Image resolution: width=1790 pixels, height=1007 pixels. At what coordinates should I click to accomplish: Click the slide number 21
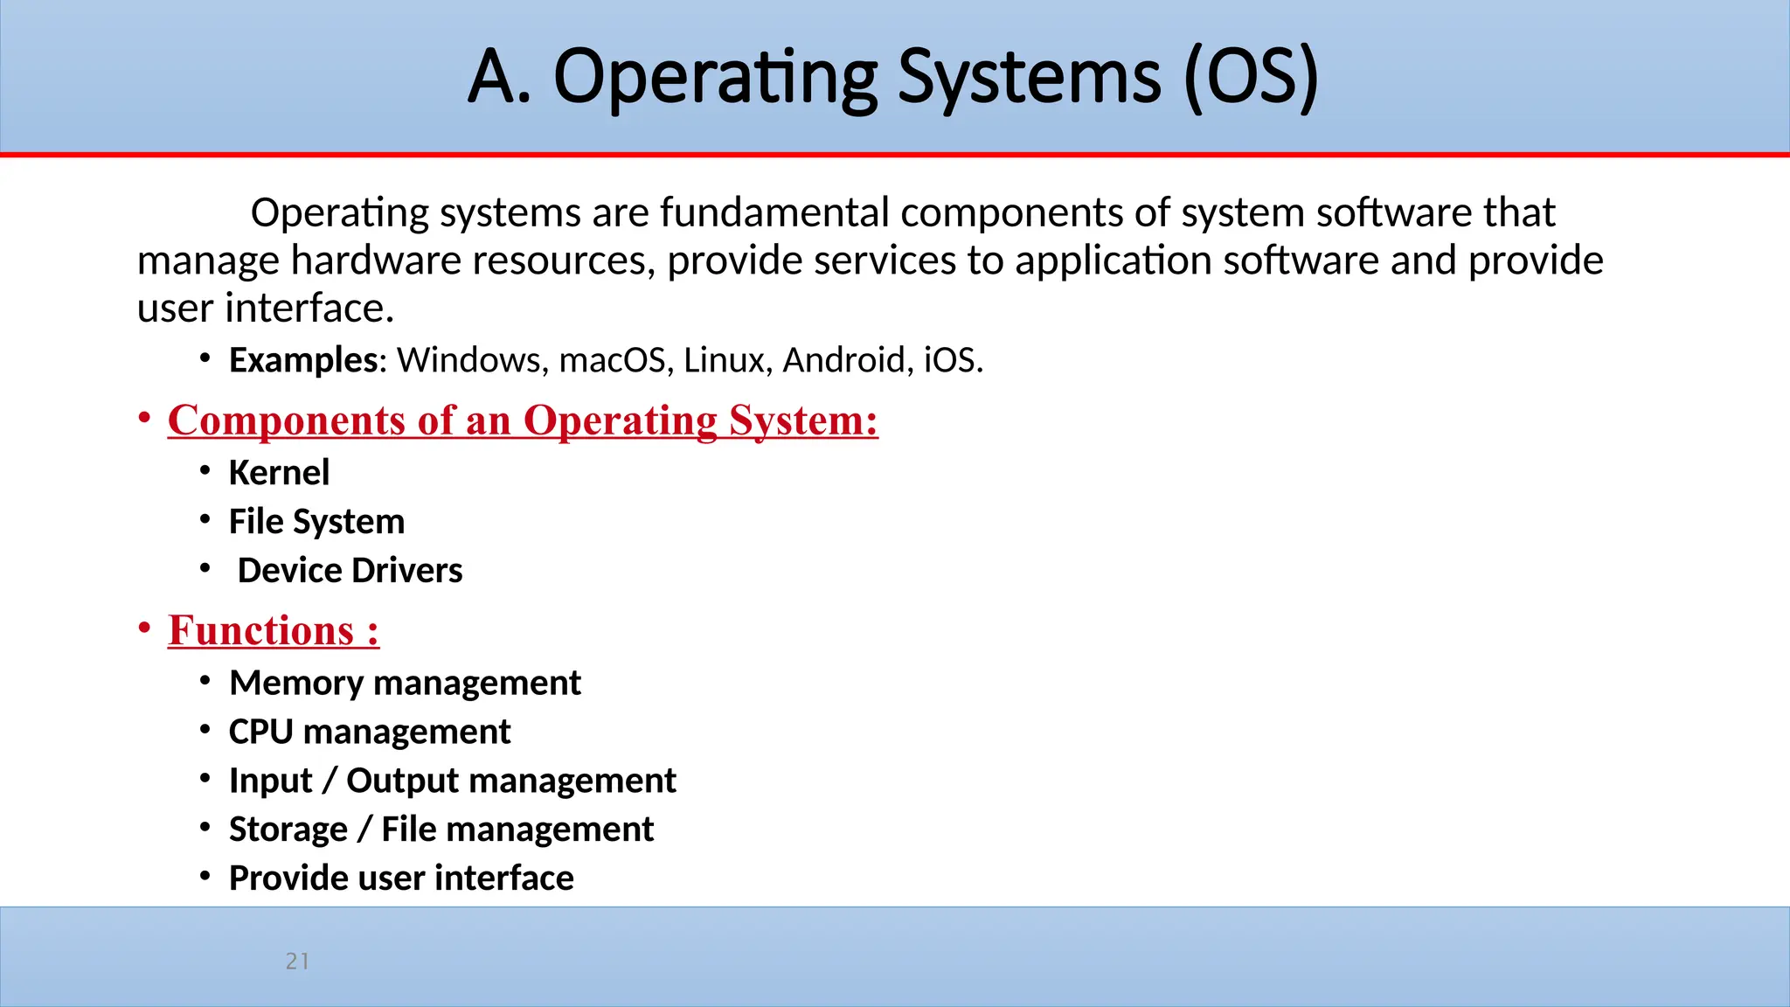(297, 962)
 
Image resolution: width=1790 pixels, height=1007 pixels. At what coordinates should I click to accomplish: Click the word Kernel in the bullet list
(279, 473)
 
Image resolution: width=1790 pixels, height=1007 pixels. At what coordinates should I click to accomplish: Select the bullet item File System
(316, 522)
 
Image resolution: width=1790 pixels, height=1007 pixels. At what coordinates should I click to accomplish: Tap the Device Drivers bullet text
(350, 571)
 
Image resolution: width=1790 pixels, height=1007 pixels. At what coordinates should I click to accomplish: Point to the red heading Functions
(273, 631)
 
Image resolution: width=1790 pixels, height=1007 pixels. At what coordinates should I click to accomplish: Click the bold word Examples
(302, 360)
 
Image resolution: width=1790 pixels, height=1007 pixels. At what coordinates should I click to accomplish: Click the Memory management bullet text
(405, 683)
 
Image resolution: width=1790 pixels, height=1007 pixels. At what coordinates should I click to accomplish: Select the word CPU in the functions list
(260, 732)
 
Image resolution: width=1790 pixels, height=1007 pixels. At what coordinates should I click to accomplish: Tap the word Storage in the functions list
(288, 830)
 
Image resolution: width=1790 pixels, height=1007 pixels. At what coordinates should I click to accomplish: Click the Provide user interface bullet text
(401, 879)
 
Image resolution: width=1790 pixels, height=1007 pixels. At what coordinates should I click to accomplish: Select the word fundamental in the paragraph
(774, 212)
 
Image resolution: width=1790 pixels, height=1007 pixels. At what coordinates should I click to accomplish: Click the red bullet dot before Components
(144, 419)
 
